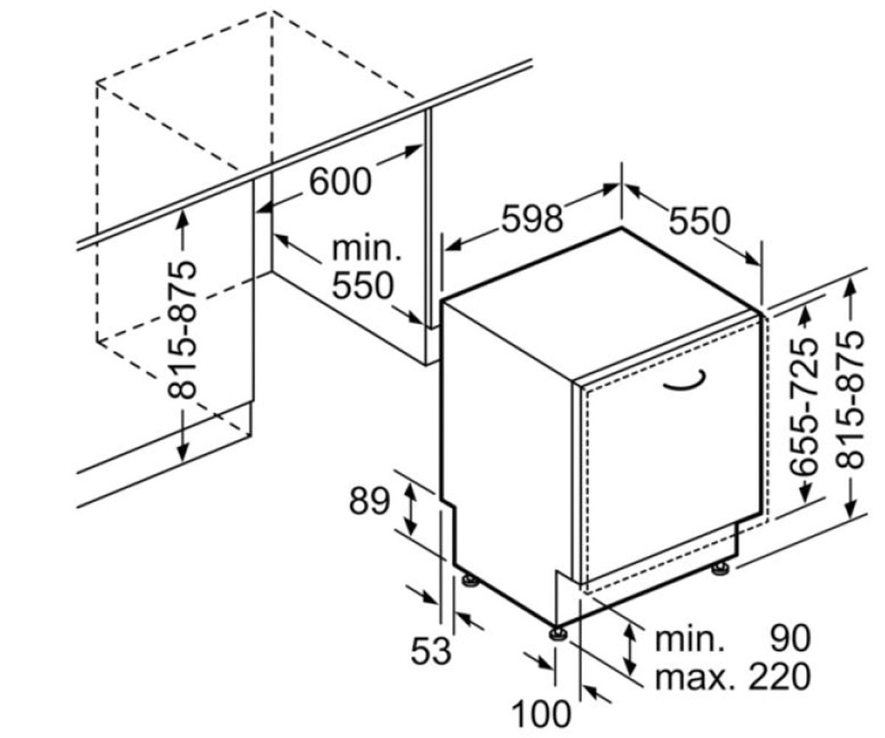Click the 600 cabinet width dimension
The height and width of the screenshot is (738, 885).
point(340,182)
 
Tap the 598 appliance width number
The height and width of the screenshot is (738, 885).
point(532,219)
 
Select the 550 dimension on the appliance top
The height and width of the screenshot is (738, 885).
point(700,221)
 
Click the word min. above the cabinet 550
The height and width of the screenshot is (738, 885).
point(367,249)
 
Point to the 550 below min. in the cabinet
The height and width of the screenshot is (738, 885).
point(363,286)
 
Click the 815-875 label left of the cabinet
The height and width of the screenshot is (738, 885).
point(182,331)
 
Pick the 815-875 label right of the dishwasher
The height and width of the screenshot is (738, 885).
point(850,401)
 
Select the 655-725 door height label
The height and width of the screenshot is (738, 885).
point(804,407)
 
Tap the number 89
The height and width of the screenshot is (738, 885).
point(369,501)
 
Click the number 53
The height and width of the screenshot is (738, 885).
point(431,651)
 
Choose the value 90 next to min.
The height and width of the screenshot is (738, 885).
point(790,639)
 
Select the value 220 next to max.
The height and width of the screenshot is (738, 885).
point(780,677)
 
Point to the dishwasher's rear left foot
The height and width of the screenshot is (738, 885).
point(470,579)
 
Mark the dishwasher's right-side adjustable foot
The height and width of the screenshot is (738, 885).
point(720,568)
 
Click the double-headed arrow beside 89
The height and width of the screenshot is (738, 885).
point(409,510)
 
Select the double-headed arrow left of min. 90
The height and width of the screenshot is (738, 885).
point(631,657)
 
